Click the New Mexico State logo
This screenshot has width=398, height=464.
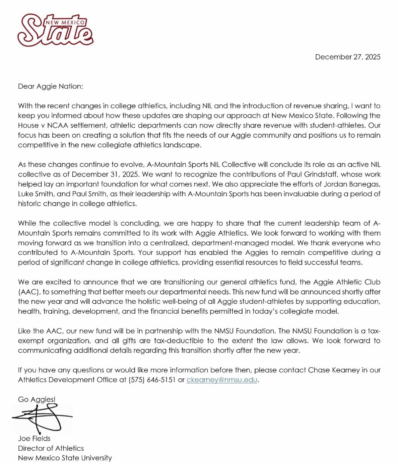tap(55, 30)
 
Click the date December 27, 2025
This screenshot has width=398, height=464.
tap(348, 57)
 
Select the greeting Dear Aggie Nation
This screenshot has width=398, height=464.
tap(50, 87)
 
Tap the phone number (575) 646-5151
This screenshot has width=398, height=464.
tap(152, 380)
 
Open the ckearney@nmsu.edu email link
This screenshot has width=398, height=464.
tap(222, 380)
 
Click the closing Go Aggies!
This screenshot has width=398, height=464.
tap(37, 400)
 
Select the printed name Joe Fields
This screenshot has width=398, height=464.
tap(34, 439)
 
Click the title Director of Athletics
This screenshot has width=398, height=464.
tap(51, 448)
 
